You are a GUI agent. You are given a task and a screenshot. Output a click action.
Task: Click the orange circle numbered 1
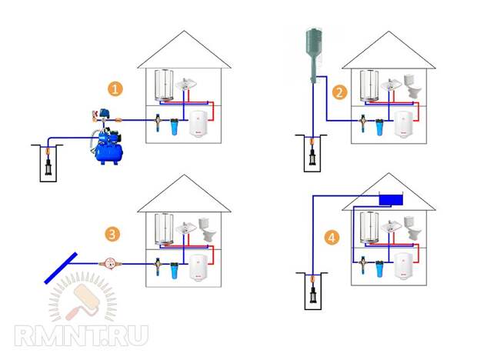point(115,90)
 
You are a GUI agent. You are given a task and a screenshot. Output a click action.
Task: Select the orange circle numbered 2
point(339,93)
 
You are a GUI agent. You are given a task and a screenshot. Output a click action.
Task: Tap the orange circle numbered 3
point(112,235)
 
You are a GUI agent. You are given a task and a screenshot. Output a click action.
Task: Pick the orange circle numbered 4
point(332,237)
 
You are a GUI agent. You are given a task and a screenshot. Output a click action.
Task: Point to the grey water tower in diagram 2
point(314,55)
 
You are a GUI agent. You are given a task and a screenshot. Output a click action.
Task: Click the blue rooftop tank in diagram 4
point(391,200)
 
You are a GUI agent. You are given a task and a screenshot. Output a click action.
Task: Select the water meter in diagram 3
point(110,264)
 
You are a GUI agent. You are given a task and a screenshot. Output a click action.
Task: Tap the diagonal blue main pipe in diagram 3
point(61,268)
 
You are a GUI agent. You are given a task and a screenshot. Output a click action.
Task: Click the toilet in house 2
point(412,86)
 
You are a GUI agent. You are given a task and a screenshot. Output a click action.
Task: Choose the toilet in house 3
point(208,230)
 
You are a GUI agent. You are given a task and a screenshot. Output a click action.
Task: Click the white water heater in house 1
point(198,124)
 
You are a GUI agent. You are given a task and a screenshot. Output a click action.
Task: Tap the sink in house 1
point(185,84)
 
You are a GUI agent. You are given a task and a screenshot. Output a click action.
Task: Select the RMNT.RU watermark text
point(82,335)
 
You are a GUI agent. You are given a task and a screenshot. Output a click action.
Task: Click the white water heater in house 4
point(404,266)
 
